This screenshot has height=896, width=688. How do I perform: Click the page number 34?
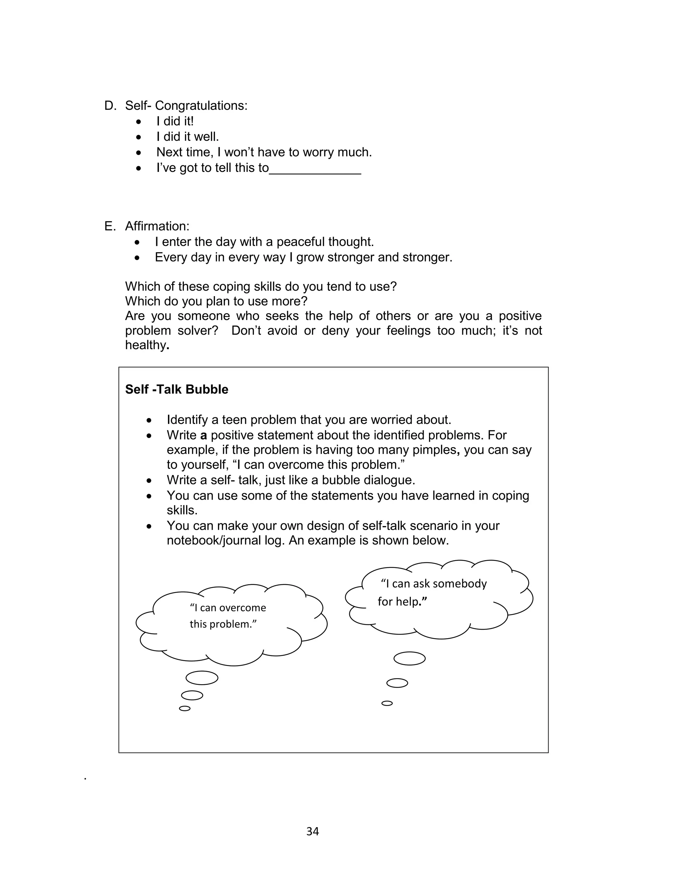coord(312,831)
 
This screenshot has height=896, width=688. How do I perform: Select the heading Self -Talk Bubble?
coord(176,389)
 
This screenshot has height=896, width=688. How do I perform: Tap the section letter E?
coord(109,226)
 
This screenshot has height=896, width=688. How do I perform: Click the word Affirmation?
coord(157,226)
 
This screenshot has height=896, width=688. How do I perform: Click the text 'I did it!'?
coord(175,121)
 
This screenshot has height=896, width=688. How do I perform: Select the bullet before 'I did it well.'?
coord(139,137)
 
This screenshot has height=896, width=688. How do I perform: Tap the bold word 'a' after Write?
coord(204,435)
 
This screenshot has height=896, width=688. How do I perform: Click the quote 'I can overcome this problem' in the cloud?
coord(228,616)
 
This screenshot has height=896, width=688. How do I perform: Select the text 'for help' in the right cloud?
coord(402,602)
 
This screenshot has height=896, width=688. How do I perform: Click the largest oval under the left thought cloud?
coord(202,678)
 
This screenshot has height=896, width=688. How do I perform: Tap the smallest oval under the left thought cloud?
coord(185,709)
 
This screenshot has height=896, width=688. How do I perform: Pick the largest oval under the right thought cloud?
coord(410,659)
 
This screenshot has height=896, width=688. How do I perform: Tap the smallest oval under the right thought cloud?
coord(387,703)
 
